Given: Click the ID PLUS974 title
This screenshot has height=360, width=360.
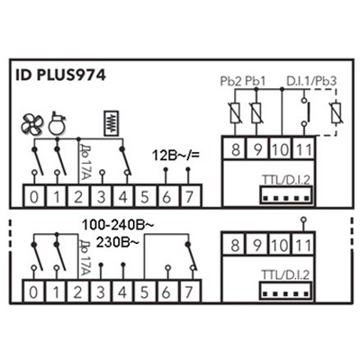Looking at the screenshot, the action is [x=60, y=76].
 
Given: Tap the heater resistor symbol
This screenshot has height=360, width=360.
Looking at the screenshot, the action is [x=111, y=123].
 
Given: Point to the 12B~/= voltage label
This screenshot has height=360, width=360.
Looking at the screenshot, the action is [x=175, y=156].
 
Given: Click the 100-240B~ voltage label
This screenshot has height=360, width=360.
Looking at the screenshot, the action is [x=118, y=225].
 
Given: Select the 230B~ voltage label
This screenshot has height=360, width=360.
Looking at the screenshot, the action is [x=118, y=242].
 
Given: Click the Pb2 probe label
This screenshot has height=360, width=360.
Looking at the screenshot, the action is [x=230, y=81].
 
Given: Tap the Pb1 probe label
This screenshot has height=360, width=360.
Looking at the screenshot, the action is [x=256, y=81].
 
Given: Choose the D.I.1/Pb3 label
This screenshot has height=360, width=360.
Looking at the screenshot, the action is [x=311, y=81].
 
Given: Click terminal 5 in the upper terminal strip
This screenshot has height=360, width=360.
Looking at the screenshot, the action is [x=145, y=196].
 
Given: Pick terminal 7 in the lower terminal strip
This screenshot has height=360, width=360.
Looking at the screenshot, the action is [x=189, y=292].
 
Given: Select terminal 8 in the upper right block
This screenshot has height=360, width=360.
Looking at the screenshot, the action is [x=236, y=149].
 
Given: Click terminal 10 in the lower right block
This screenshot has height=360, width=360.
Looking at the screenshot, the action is [x=280, y=245].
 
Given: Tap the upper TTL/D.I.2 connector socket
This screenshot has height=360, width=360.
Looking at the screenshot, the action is [x=286, y=194].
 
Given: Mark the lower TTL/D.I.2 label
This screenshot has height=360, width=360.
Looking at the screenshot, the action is [x=285, y=275].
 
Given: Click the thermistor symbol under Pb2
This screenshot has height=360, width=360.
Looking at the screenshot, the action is [x=235, y=112].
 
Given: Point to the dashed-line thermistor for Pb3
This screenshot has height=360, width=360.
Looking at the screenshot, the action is [x=336, y=112].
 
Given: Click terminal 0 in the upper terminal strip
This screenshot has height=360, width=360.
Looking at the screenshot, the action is [x=34, y=196].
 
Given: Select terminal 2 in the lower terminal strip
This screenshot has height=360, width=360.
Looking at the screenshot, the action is [x=78, y=292].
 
